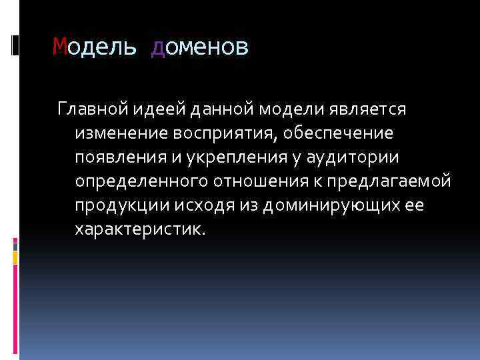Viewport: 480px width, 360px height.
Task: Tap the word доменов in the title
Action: [x=200, y=47]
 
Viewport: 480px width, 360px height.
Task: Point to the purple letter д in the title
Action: [x=158, y=47]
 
